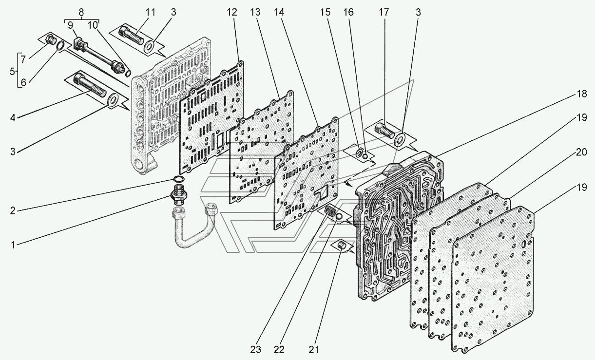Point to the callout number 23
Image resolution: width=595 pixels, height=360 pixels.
(x=256, y=350)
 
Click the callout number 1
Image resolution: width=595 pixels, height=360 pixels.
(x=14, y=245)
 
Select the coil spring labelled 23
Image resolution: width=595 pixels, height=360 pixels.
(x=332, y=212)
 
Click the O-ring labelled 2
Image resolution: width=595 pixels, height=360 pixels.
(x=179, y=181)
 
